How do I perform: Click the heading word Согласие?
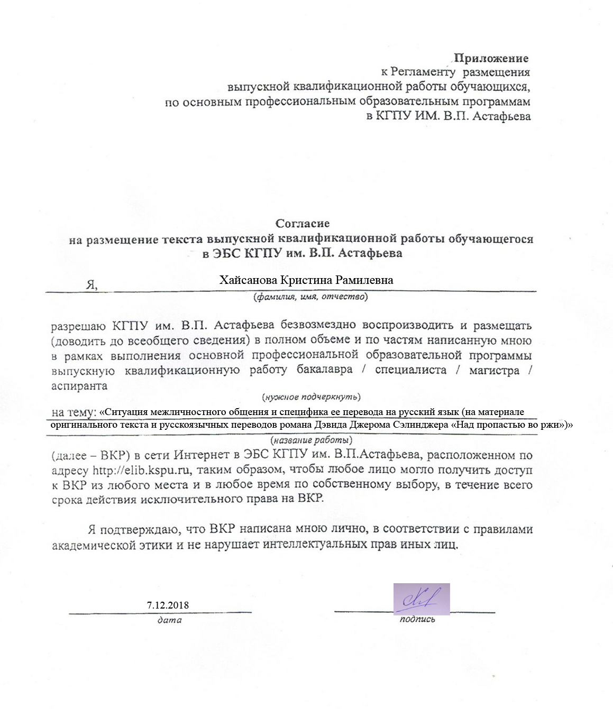pyautogui.click(x=303, y=224)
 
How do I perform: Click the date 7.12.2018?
pyautogui.click(x=168, y=605)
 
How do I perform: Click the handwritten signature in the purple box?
pyautogui.click(x=421, y=598)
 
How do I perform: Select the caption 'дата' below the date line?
pyautogui.click(x=169, y=620)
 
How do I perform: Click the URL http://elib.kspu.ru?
pyautogui.click(x=141, y=470)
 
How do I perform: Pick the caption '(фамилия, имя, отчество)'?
pyautogui.click(x=310, y=297)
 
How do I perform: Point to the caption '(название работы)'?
pyautogui.click(x=311, y=440)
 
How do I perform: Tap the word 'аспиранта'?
pyautogui.click(x=79, y=385)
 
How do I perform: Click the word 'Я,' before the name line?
pyautogui.click(x=92, y=284)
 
